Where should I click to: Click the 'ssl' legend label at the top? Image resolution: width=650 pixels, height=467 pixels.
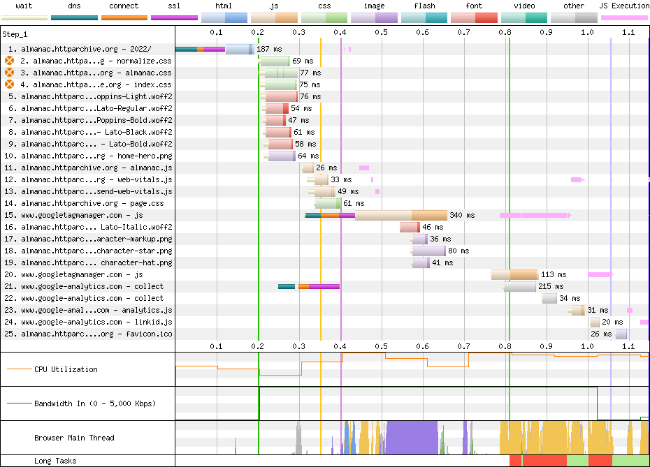[174, 6]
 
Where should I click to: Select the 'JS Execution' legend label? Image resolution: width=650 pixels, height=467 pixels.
[624, 6]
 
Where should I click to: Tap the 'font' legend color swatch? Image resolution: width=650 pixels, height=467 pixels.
[474, 18]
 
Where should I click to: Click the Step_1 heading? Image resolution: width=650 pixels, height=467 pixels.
[15, 34]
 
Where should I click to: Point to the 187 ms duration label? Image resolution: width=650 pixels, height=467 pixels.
[269, 49]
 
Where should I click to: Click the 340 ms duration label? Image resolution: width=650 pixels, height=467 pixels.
[462, 215]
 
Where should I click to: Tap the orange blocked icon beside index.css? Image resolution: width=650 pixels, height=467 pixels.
[9, 84]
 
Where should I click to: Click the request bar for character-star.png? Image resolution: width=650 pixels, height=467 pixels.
[428, 251]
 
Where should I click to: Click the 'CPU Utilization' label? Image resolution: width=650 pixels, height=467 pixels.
[66, 369]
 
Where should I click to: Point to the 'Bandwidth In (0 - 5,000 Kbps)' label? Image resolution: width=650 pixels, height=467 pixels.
[95, 403]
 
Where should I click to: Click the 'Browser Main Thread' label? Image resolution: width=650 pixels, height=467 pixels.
[74, 438]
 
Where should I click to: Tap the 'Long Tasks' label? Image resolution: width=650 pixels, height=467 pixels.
[55, 461]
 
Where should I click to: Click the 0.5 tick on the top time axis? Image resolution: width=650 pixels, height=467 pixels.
[382, 32]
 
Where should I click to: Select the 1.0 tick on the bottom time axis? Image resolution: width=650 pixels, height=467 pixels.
[587, 346]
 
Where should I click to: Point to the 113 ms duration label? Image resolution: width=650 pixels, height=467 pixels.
[554, 274]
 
